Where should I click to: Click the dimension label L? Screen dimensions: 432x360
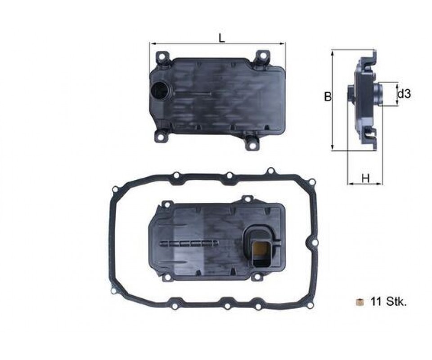[222, 38]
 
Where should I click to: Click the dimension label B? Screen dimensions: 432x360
[328, 96]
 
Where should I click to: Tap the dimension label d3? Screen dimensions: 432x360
[404, 94]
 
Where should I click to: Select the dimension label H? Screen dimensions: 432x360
[365, 178]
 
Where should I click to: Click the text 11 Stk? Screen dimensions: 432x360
[389, 302]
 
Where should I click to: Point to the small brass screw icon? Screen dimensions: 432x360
[360, 302]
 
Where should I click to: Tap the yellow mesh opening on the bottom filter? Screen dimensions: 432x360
[260, 250]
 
